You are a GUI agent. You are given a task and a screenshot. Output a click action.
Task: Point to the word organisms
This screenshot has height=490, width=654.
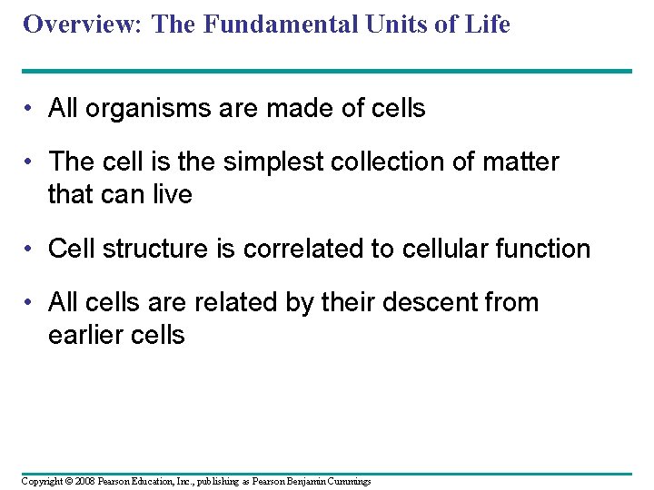click(136, 109)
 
